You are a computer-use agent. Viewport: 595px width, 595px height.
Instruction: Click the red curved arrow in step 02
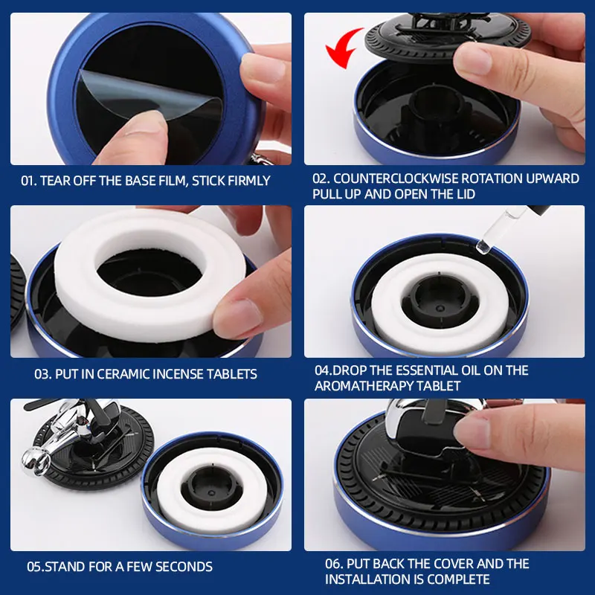coord(341,48)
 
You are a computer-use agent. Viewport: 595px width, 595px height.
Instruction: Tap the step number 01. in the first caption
coord(29,181)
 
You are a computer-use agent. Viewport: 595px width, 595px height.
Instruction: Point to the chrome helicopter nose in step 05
coord(35,460)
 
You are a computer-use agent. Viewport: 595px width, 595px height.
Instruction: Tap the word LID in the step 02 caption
coord(465,194)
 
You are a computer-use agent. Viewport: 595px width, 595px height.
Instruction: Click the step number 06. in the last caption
coord(334,564)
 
